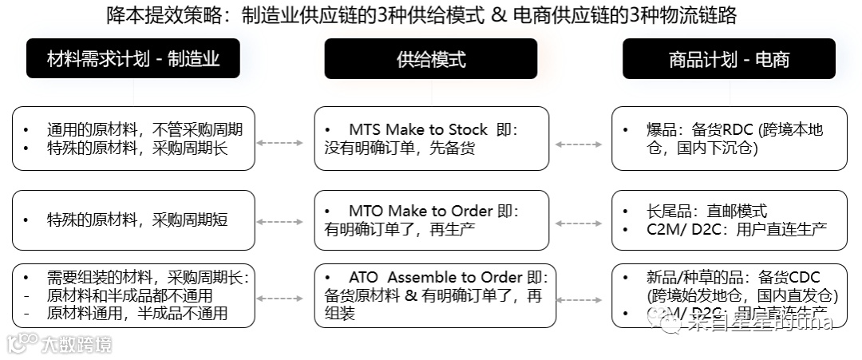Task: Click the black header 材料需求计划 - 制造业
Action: click(132, 58)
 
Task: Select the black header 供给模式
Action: click(430, 58)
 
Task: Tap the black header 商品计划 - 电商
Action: click(729, 58)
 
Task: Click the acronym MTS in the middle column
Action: click(364, 129)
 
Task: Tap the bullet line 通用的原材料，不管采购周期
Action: click(144, 129)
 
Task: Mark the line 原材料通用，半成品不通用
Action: click(137, 313)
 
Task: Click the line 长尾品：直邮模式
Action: click(706, 211)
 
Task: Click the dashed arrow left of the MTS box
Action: click(280, 143)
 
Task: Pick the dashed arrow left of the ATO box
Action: click(280, 298)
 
